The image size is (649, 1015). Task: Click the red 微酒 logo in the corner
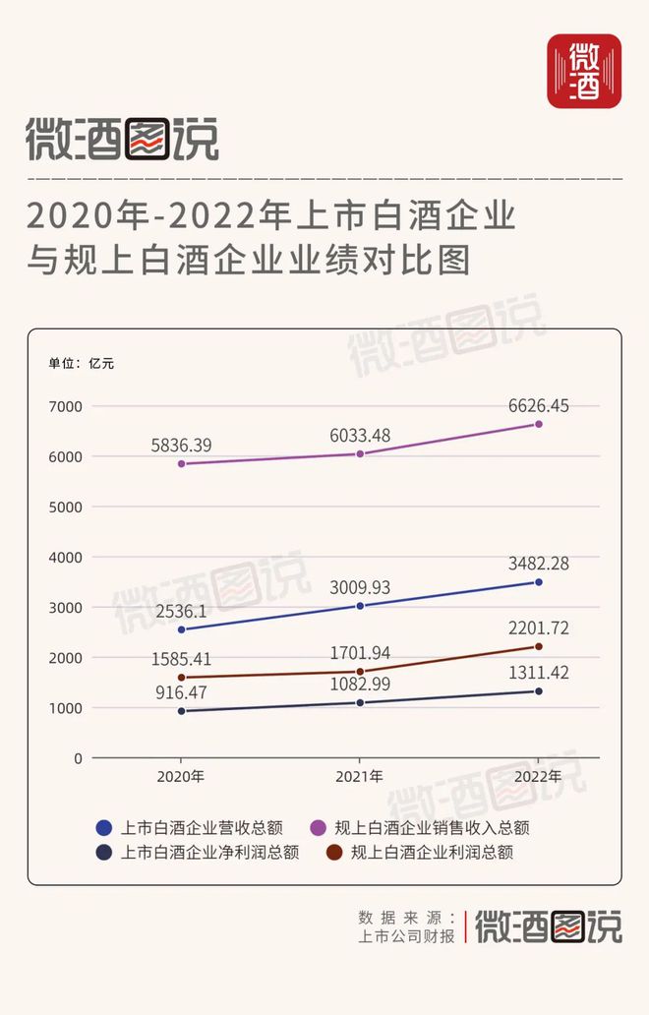click(584, 71)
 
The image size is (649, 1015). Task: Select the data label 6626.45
click(538, 405)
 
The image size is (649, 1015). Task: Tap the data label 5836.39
click(181, 446)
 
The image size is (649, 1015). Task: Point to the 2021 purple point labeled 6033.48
click(360, 453)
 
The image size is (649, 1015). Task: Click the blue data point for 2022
click(538, 582)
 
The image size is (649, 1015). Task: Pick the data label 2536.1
click(181, 610)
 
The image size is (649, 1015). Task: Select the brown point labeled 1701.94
click(360, 671)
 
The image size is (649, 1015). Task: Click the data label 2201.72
click(538, 627)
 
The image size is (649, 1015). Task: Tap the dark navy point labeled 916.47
click(182, 710)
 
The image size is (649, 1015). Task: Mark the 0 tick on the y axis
click(78, 758)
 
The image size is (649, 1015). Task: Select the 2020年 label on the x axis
click(181, 777)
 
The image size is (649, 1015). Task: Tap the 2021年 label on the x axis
click(360, 777)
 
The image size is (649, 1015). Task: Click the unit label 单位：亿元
click(82, 363)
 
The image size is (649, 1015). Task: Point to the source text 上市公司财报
click(407, 936)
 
